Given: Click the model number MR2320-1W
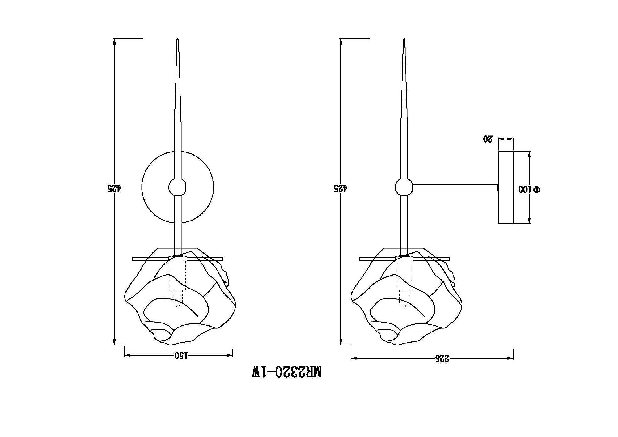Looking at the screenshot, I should (286, 372).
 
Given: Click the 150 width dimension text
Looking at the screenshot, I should (181, 355).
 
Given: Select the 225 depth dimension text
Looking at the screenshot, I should (442, 358).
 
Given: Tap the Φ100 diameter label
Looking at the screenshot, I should (529, 189).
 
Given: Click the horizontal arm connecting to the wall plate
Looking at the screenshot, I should (454, 187).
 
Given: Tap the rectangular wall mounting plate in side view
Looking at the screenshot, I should (506, 187).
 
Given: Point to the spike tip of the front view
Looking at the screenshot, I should (178, 40).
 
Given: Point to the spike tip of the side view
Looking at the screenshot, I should (404, 40).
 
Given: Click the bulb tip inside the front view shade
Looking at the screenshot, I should (177, 306).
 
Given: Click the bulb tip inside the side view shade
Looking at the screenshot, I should (404, 306).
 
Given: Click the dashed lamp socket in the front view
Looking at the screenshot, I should (177, 275).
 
